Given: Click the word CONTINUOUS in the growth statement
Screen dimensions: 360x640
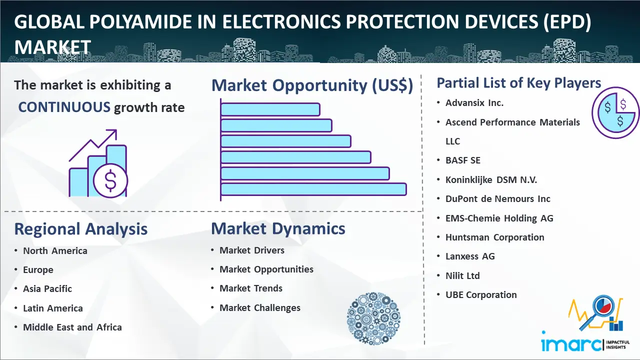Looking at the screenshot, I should tap(64, 107).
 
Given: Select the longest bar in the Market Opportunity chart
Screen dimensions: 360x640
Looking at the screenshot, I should tap(313, 189).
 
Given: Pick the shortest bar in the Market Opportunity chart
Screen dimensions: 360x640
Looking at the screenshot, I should tap(270, 109).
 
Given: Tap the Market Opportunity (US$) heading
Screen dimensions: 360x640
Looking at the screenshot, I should tap(312, 85).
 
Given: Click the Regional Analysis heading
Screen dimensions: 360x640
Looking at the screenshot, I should tap(81, 229).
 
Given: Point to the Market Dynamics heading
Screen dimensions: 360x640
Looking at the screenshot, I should tap(278, 229).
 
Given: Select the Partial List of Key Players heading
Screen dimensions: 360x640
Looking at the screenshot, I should tap(518, 82).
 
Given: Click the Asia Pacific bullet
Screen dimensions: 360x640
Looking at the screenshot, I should tap(47, 289).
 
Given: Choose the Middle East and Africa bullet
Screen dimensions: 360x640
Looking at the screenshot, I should tap(72, 327).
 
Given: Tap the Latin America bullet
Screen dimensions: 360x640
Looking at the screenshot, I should tap(53, 308).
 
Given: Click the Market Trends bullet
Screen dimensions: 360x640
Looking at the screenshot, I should tap(251, 288).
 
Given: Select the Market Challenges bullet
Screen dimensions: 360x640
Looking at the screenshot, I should tap(260, 308).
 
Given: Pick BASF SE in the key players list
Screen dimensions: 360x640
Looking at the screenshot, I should tap(463, 160).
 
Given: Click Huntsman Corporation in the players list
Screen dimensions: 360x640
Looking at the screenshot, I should tap(495, 237).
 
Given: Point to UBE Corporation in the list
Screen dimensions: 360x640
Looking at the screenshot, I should tap(481, 295).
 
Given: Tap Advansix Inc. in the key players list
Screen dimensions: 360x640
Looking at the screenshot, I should tap(474, 103).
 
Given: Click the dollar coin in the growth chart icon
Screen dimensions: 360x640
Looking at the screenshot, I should tap(110, 181).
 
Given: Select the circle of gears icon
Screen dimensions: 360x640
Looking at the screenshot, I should tap(373, 318).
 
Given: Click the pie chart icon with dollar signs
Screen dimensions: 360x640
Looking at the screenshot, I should tap(615, 113).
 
